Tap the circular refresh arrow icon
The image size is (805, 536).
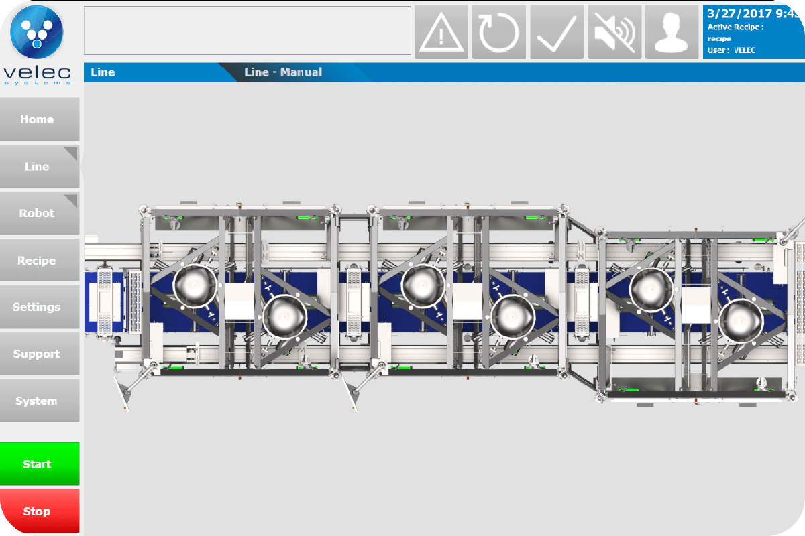(x=499, y=32)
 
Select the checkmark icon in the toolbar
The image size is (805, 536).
(x=557, y=32)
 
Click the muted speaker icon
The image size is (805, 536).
(x=614, y=32)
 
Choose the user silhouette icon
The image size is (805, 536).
(x=672, y=32)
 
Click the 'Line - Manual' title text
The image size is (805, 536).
(x=283, y=72)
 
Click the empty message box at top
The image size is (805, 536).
(x=247, y=30)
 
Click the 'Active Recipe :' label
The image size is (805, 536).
(x=735, y=27)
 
